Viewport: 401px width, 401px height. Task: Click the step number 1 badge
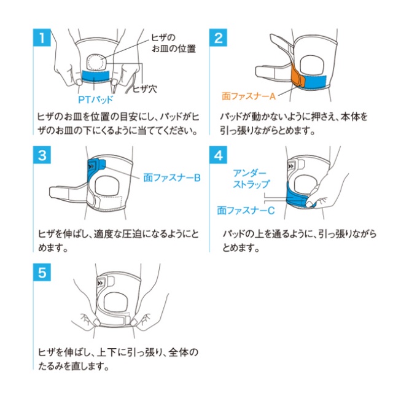click(42, 37)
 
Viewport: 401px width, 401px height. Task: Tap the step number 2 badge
click(218, 37)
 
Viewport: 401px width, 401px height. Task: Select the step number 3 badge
click(42, 155)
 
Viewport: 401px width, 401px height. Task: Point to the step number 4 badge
click(218, 155)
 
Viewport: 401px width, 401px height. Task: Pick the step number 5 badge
click(42, 273)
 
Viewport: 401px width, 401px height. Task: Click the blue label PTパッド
click(95, 99)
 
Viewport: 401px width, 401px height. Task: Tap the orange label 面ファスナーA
click(249, 96)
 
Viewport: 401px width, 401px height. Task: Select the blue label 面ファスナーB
click(172, 177)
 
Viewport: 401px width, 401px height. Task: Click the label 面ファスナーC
click(246, 211)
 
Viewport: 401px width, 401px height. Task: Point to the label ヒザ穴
click(145, 89)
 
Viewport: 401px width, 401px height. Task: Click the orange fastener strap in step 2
click(298, 76)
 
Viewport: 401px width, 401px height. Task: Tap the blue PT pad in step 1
click(95, 76)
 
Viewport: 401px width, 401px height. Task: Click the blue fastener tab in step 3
click(96, 168)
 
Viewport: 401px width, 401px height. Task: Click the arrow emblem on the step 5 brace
click(101, 283)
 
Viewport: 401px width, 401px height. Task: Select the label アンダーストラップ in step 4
click(251, 179)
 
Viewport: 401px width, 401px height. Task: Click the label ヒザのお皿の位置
click(173, 43)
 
